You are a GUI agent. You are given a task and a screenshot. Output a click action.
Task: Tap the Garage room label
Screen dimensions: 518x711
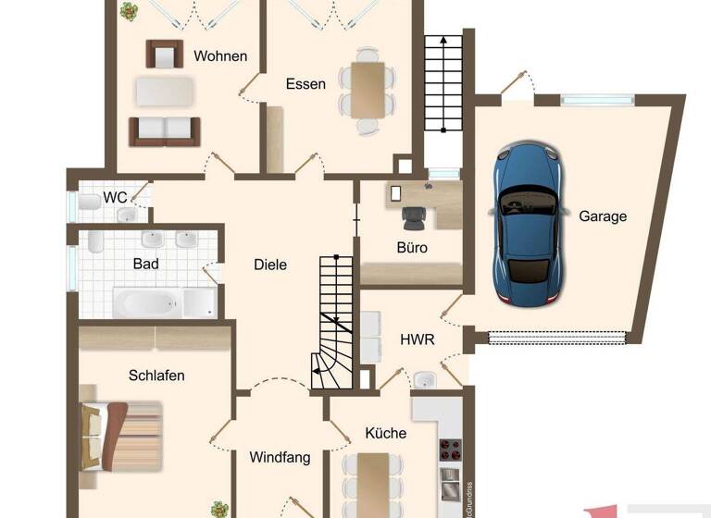point(603,216)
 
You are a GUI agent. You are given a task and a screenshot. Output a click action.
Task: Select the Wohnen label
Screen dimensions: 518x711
point(220,55)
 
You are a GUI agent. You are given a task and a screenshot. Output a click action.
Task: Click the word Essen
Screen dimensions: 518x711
point(306,84)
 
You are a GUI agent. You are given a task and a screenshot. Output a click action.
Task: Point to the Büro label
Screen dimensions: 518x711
point(412,247)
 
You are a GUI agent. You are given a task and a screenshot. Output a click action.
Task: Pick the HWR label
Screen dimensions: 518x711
point(418,339)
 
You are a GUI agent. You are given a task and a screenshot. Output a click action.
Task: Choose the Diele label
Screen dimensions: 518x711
point(270,265)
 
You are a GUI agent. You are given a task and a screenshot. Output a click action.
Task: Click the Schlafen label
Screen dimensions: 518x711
point(156,376)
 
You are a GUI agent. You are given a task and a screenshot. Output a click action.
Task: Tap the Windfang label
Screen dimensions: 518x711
point(280,457)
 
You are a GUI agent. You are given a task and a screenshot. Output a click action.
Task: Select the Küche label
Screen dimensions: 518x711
point(386,432)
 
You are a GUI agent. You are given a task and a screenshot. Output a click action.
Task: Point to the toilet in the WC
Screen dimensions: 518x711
point(89,202)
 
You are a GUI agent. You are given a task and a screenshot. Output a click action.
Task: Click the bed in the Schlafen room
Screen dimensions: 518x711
point(120,433)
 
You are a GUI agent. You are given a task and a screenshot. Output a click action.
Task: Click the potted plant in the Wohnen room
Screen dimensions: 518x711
point(128,11)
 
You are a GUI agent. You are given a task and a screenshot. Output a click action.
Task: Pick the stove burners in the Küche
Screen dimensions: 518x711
point(449,450)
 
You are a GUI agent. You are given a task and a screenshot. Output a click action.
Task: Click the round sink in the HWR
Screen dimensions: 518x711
point(426,380)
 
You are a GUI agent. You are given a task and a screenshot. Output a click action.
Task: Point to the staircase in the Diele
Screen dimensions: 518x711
point(337,319)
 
